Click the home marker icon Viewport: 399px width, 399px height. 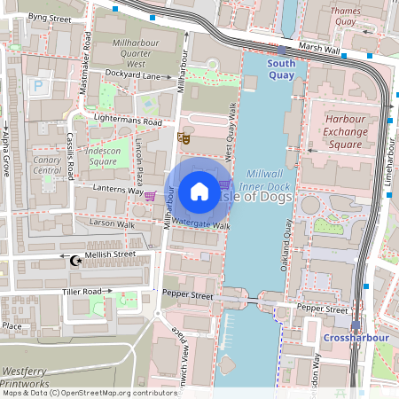point(199,191)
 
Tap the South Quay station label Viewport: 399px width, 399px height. point(282,69)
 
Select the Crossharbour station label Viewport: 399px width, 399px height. point(352,338)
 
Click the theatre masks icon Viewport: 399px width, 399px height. point(184,137)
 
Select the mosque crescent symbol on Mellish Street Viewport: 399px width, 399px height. point(76,260)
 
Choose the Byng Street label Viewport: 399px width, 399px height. point(49,18)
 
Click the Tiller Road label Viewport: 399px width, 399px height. point(82,292)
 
